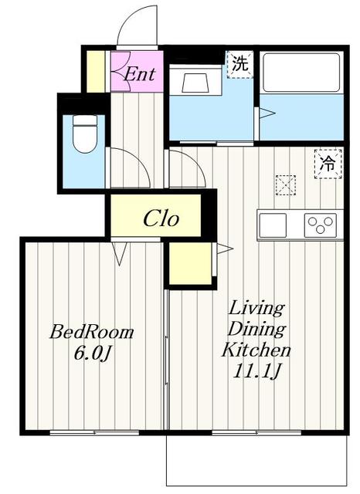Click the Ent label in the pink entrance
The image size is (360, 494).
tap(140, 74)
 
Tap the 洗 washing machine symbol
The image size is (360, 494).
tap(240, 65)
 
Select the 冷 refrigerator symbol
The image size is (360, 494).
tap(328, 164)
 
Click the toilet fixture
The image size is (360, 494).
tap(84, 134)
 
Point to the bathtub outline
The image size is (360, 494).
tap(301, 72)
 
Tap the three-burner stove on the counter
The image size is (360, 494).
tap(320, 225)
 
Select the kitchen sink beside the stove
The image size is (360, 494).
tap(273, 225)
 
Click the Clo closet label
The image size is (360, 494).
tap(161, 218)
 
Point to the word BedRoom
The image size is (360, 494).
tap(92, 333)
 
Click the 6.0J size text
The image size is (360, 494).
tap(93, 354)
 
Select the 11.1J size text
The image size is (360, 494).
tap(256, 371)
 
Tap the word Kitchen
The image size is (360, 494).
tap(256, 350)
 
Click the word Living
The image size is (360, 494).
tap(256, 309)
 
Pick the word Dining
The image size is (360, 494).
tap(256, 330)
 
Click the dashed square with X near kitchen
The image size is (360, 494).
tap(286, 185)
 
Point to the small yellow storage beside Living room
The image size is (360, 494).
tap(190, 263)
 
